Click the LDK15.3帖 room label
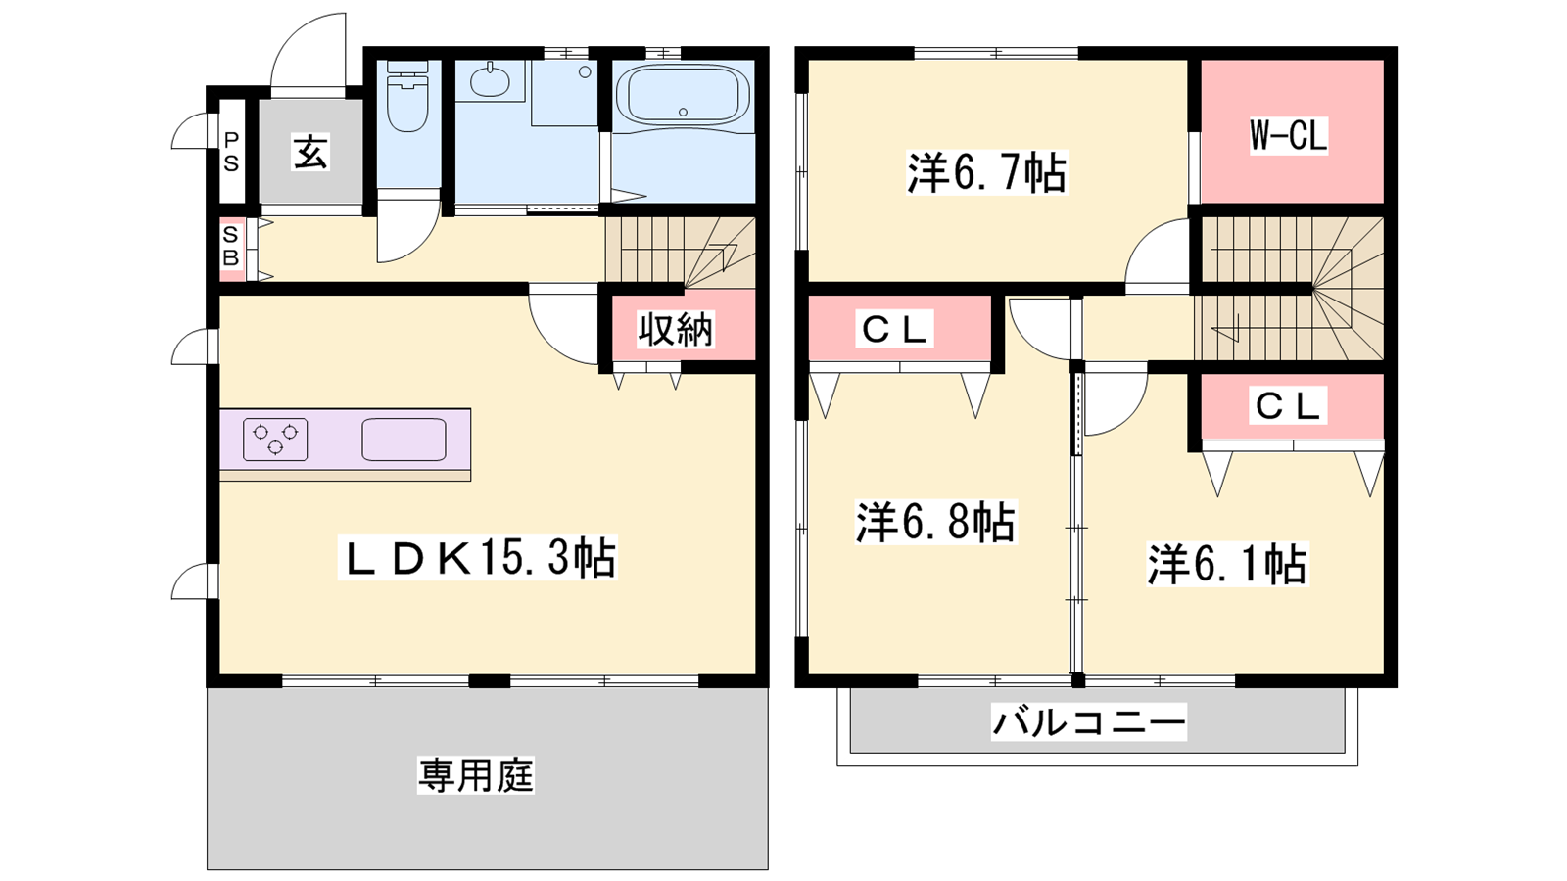pos(477,557)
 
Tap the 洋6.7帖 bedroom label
pos(987,172)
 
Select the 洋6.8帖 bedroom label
pos(935,522)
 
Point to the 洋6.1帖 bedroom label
pos(1227,564)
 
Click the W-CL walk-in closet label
pos(1288,136)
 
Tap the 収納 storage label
pos(675,329)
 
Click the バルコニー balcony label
pos(1088,720)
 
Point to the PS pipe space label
pos(231,152)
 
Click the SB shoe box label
pos(231,246)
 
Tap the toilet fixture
pos(407,97)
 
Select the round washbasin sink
pos(490,81)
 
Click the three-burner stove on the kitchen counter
pos(275,440)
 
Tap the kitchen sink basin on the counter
pos(404,440)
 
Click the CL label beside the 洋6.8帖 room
pos(895,329)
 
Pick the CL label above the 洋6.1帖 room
pos(1288,405)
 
